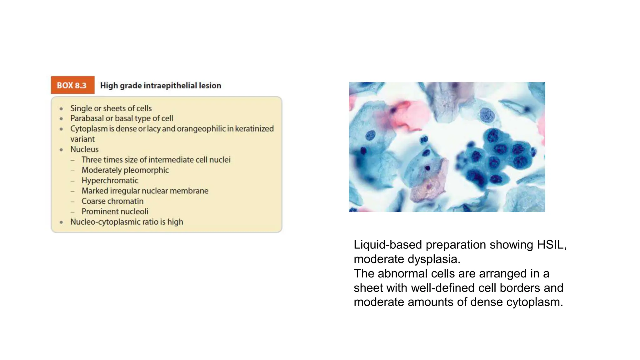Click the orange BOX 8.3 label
(x=72, y=85)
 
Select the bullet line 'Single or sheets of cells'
(x=111, y=108)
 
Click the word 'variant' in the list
(x=82, y=139)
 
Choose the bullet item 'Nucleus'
(x=84, y=149)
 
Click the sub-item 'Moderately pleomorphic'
(x=125, y=170)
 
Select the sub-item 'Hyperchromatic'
(x=110, y=180)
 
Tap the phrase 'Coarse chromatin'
(x=112, y=201)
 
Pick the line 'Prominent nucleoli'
(x=115, y=211)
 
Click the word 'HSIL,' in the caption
(x=552, y=245)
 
